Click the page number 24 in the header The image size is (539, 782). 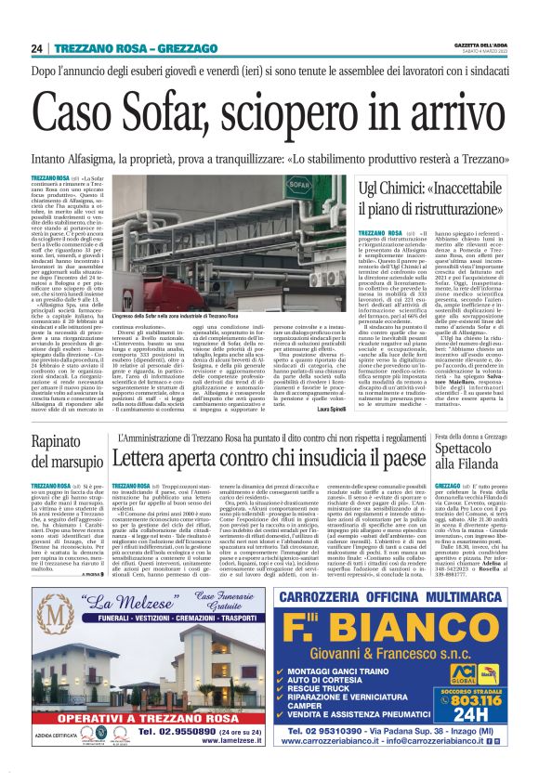tap(36, 48)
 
